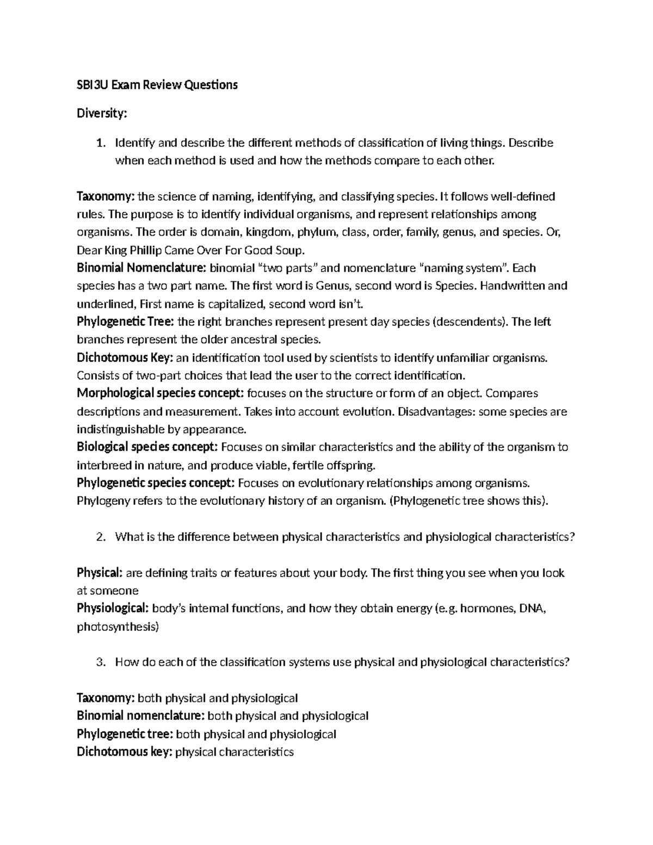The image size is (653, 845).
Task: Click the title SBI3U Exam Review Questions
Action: (x=157, y=85)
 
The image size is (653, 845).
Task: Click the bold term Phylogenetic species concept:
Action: (x=156, y=483)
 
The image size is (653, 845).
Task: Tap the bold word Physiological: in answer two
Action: (x=113, y=609)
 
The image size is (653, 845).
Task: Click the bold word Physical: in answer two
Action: (x=100, y=573)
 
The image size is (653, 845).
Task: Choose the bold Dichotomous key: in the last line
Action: (x=125, y=752)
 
